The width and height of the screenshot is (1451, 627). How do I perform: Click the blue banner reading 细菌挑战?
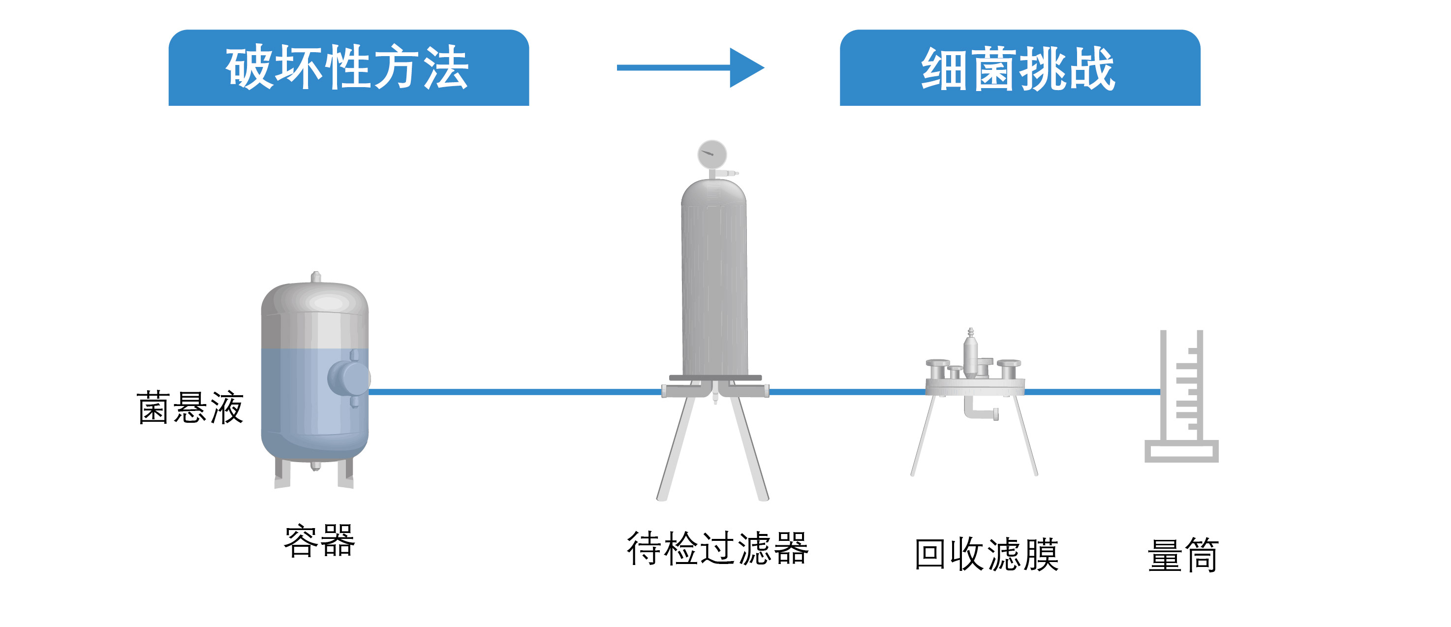pyautogui.click(x=1019, y=69)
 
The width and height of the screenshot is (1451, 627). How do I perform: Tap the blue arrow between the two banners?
pyautogui.click(x=690, y=67)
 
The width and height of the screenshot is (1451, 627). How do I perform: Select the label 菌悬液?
pyautogui.click(x=190, y=408)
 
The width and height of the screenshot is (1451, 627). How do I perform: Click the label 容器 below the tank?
pyautogui.click(x=319, y=541)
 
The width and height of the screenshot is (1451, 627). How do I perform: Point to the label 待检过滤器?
pyautogui.click(x=717, y=548)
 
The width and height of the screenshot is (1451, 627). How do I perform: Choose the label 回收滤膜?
pyautogui.click(x=986, y=555)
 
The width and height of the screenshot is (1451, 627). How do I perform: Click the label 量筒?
pyautogui.click(x=1183, y=556)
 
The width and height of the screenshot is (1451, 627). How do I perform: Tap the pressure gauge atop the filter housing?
pyautogui.click(x=712, y=154)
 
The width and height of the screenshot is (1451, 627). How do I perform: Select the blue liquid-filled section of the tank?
pyautogui.click(x=299, y=400)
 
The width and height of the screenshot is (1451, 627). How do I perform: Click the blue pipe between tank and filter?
pyautogui.click(x=513, y=392)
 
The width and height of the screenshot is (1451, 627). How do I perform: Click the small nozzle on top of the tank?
pyautogui.click(x=316, y=277)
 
